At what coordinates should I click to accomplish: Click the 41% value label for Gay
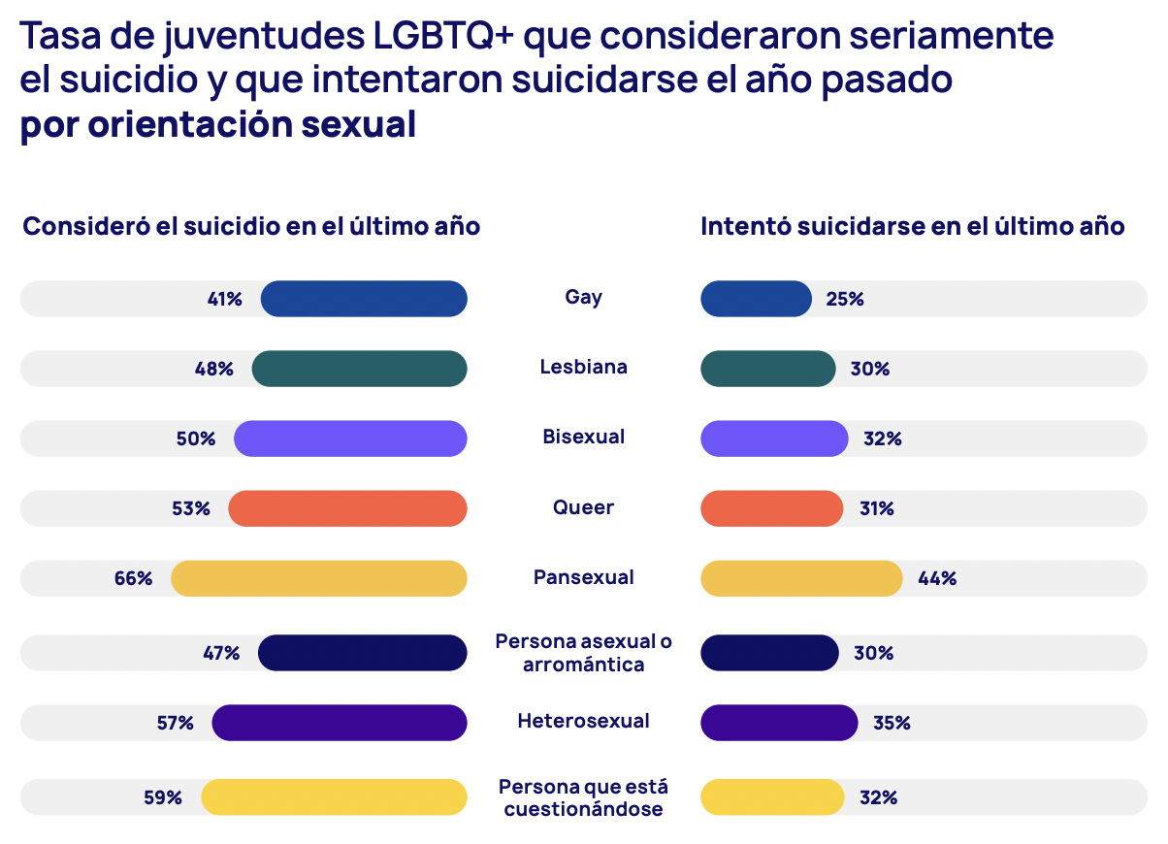[224, 299]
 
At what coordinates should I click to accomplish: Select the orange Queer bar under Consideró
[347, 508]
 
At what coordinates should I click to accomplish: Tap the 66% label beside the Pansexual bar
[133, 578]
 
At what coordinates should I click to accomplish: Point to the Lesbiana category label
[583, 367]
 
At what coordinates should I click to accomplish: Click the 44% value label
[937, 578]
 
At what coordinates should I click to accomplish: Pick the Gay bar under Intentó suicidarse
[756, 299]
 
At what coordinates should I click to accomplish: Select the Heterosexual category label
[583, 721]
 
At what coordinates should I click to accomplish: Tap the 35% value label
[892, 723]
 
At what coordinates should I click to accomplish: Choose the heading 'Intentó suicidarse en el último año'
[912, 226]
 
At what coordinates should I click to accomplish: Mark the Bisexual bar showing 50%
[350, 438]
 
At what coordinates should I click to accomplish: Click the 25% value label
[845, 299]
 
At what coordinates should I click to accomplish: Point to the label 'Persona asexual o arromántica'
[583, 653]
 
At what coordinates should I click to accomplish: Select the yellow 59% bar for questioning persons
[334, 796]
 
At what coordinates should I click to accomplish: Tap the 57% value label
[175, 723]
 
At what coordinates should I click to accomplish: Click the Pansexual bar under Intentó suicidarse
[801, 578]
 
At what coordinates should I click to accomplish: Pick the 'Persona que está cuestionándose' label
[583, 796]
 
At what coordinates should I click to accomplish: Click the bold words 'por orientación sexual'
[217, 125]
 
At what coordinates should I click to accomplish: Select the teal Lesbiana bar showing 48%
[359, 369]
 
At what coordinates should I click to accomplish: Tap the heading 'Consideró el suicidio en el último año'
[251, 226]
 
